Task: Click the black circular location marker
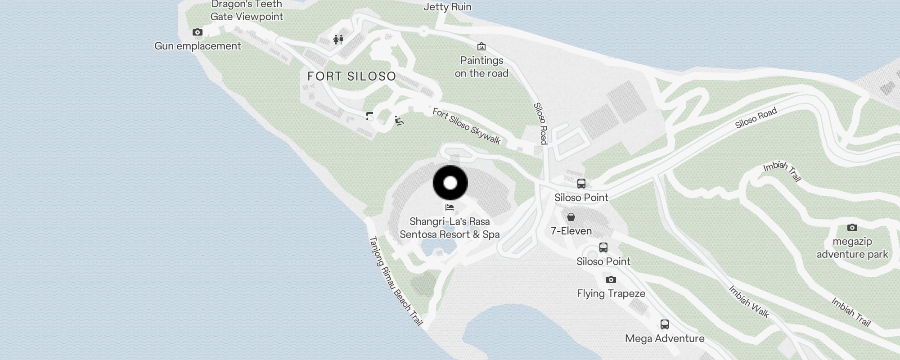click(450, 183)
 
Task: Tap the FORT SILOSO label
click(351, 76)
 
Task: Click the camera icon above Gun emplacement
click(197, 32)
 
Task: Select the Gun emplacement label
click(198, 46)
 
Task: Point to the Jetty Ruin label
click(447, 7)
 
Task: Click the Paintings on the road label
click(481, 67)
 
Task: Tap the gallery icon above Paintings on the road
click(481, 46)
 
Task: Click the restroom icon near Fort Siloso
click(338, 40)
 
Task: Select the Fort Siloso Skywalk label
click(467, 126)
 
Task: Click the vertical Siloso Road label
click(540, 123)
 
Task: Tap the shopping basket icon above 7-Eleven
click(571, 217)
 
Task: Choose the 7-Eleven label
click(571, 231)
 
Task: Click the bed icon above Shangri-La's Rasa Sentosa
click(449, 207)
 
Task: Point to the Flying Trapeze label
click(611, 293)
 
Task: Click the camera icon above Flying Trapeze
click(611, 279)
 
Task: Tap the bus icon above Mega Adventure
click(664, 324)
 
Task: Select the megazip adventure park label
click(852, 247)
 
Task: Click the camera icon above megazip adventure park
click(852, 227)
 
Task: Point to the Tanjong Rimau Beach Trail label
click(396, 281)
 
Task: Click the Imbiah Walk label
click(749, 301)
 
